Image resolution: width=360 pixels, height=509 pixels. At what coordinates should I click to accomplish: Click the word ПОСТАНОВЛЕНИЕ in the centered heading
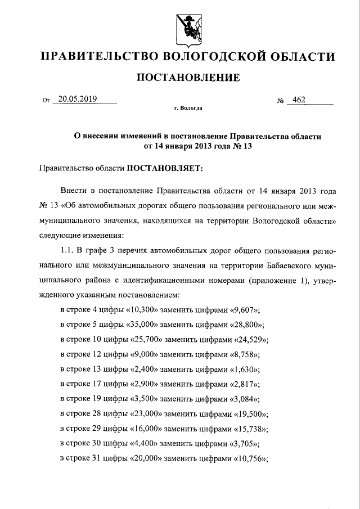coord(188,77)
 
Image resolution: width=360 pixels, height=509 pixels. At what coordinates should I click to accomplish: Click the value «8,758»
coord(245,355)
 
